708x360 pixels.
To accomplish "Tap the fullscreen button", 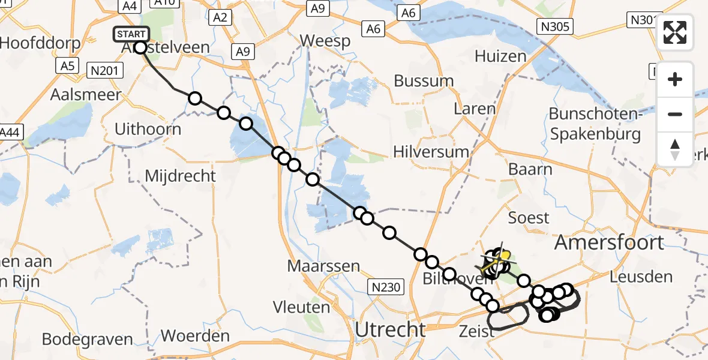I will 675,32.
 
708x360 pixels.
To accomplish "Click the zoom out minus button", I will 675,114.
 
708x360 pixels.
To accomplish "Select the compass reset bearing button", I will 675,149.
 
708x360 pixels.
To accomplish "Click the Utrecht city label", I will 390,329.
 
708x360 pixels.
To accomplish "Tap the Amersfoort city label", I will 609,242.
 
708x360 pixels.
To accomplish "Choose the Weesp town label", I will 325,41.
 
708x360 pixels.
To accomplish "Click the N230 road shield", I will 384,287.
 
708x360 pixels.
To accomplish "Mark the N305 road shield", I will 555,26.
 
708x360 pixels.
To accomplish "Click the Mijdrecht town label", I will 180,176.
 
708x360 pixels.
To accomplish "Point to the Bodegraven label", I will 88,339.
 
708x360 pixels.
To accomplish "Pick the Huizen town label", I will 500,56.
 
